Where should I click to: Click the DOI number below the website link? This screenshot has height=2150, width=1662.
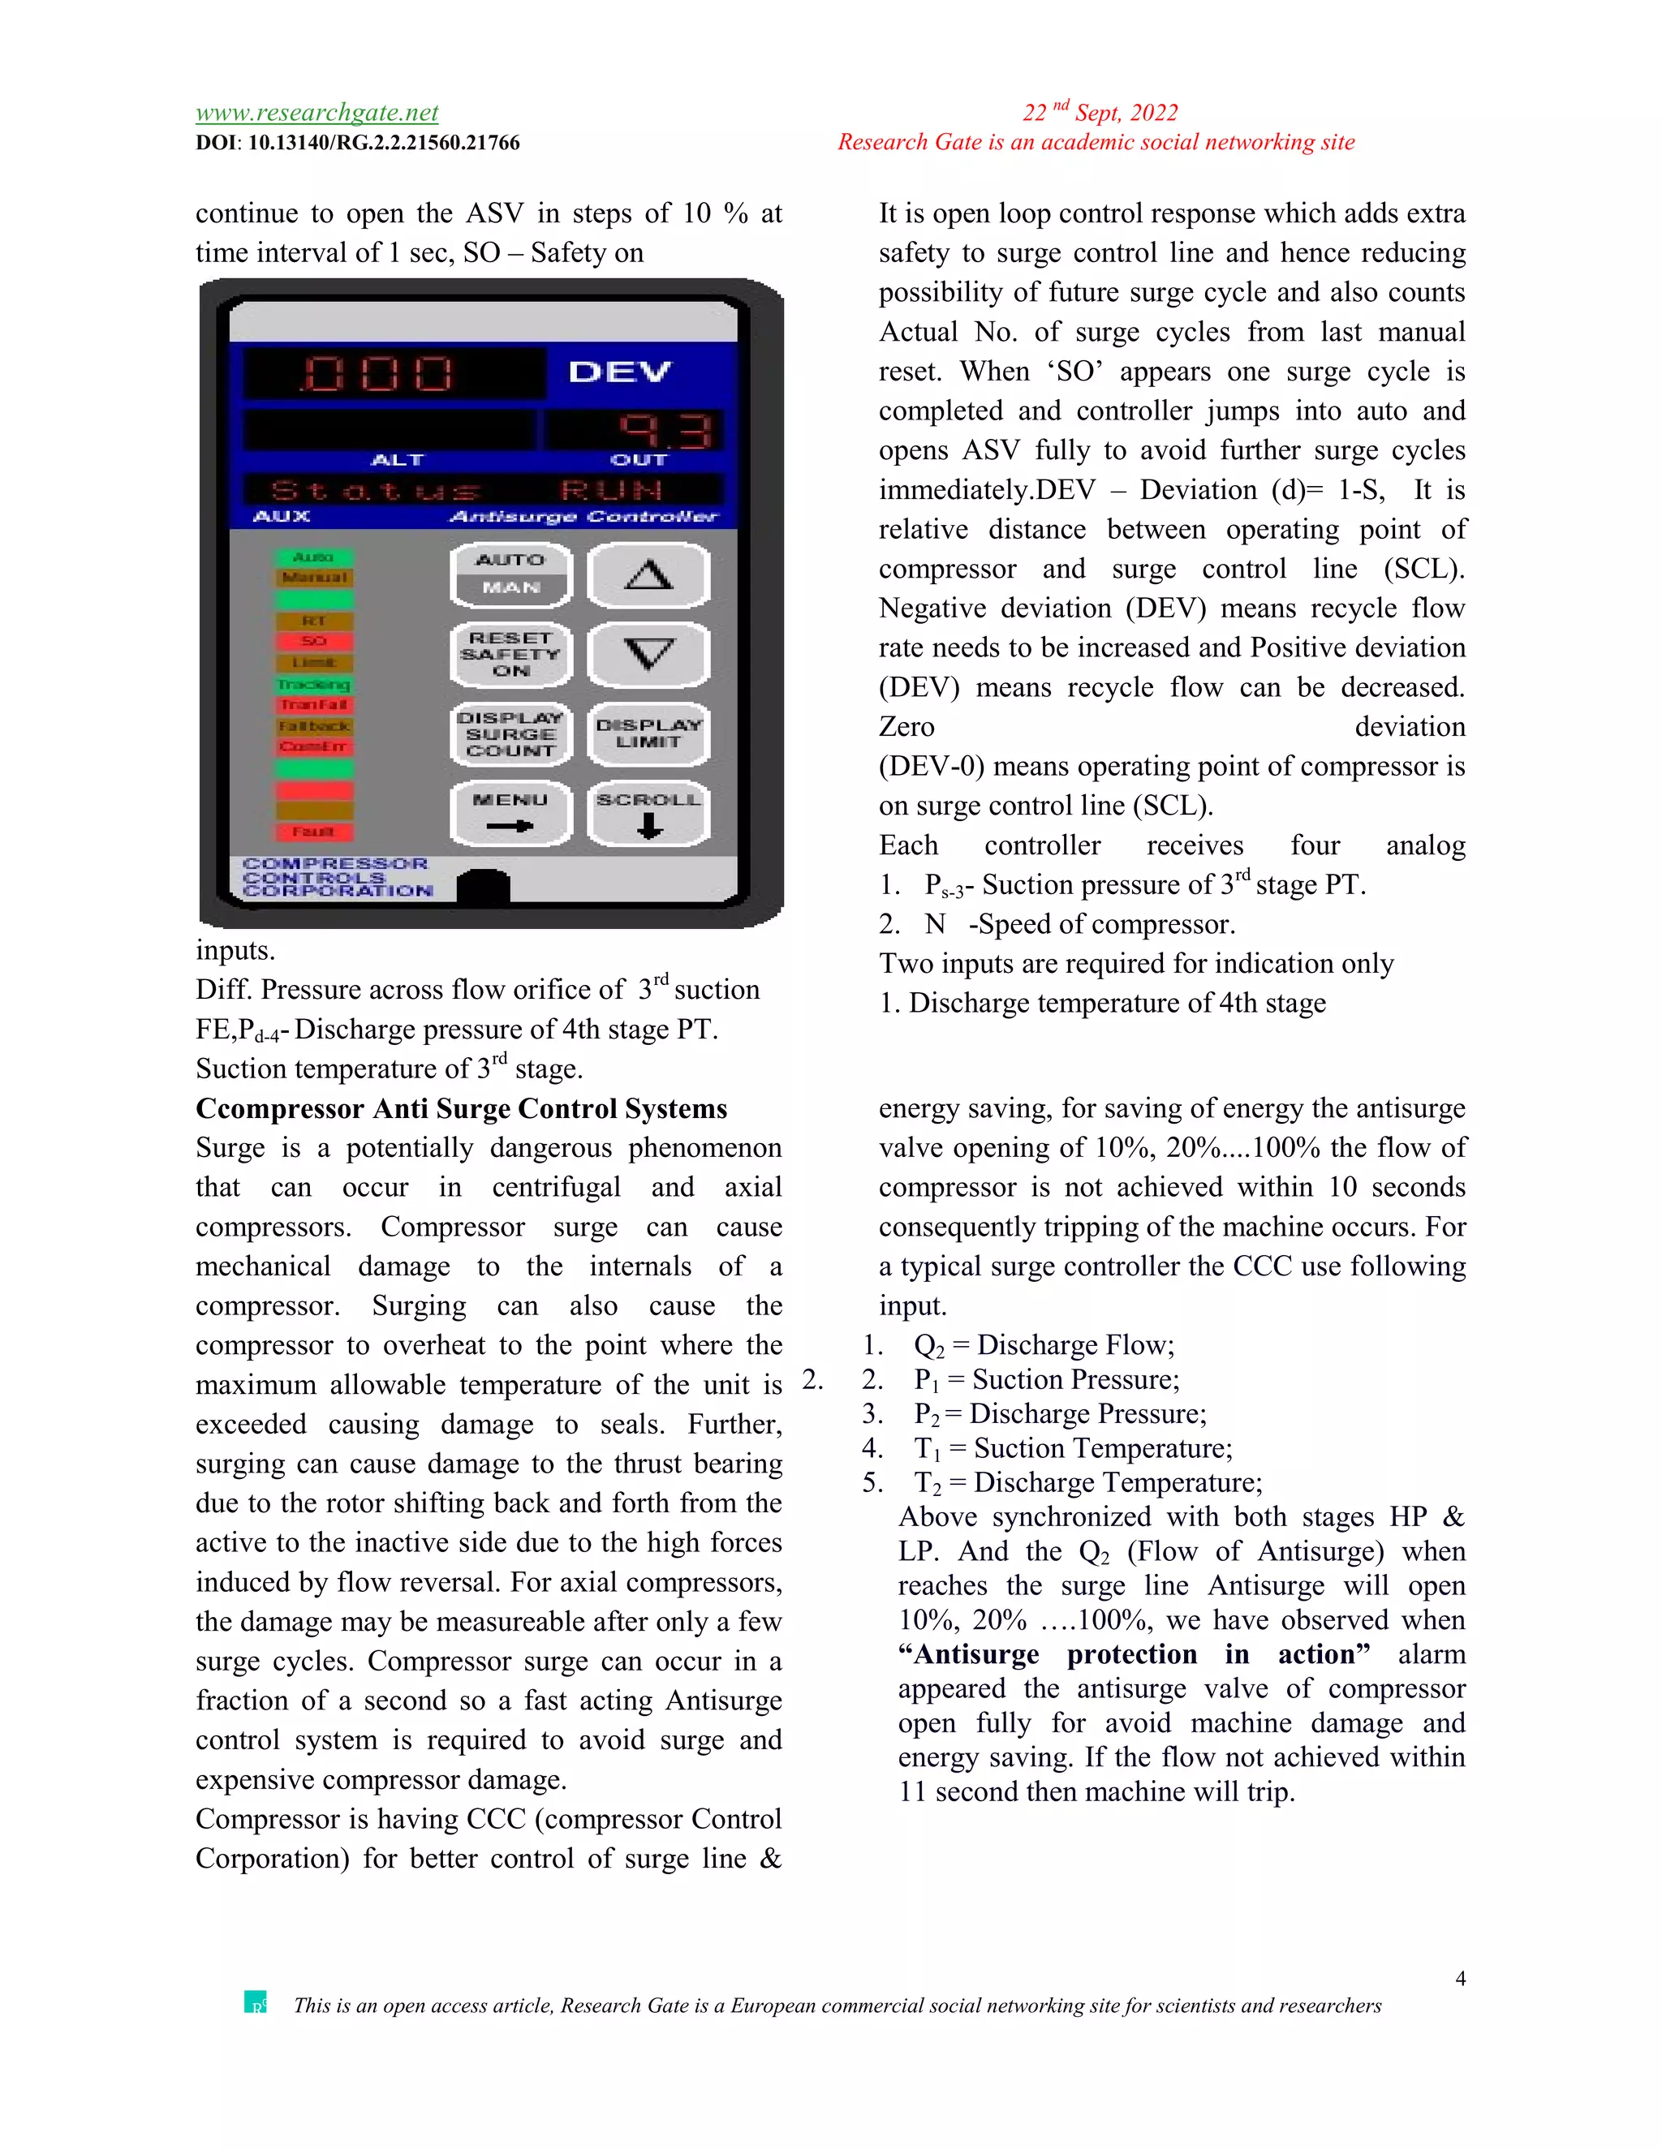(x=383, y=143)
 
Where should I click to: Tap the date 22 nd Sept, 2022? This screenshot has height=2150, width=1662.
(x=1100, y=112)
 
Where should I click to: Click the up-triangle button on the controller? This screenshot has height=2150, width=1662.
(x=648, y=575)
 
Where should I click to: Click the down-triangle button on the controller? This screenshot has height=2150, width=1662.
(x=648, y=654)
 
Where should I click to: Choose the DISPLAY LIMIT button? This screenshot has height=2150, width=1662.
(x=648, y=733)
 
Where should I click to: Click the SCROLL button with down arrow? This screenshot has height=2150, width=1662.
(x=648, y=813)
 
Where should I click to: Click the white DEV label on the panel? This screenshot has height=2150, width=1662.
(x=619, y=372)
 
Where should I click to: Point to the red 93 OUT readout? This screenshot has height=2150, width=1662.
(x=665, y=430)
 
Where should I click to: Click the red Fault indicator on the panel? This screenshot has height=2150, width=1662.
(x=313, y=832)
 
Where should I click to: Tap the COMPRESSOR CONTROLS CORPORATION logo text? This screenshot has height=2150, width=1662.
(x=337, y=877)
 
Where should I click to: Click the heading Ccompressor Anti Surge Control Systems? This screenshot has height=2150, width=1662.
(x=461, y=1108)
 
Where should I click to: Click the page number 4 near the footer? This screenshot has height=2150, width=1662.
(x=1460, y=1979)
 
